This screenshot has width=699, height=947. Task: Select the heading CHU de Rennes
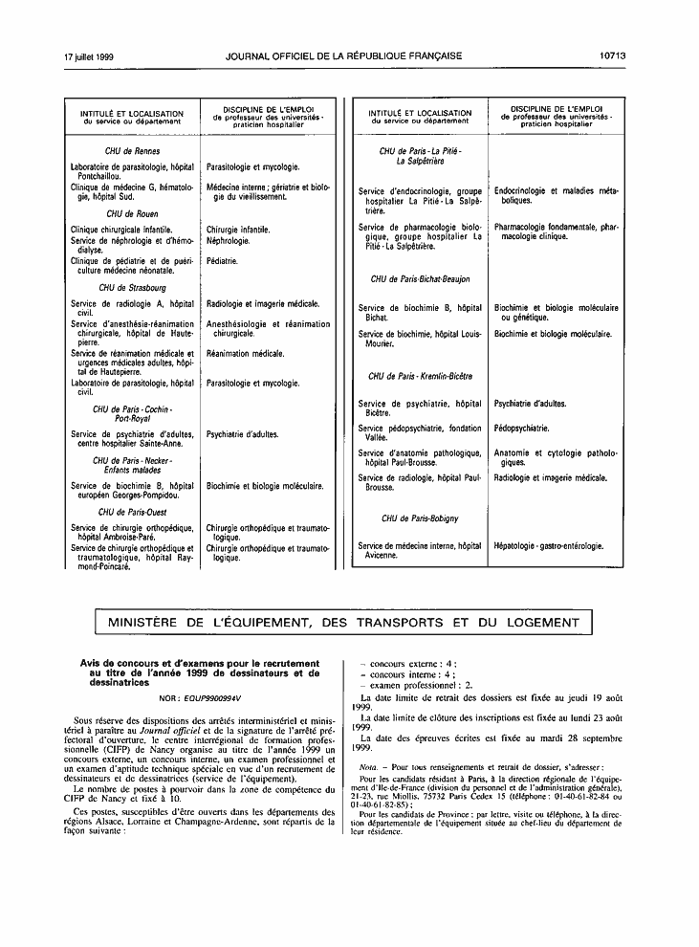(132, 151)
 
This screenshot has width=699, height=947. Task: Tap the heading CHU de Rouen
(132, 213)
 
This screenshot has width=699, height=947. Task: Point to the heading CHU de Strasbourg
(132, 287)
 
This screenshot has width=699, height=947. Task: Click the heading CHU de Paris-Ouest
(132, 512)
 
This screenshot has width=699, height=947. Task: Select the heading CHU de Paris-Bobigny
(420, 518)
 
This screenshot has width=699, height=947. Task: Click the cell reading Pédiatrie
(223, 260)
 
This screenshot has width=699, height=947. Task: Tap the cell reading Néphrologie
(228, 240)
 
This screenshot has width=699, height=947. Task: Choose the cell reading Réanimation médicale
(246, 353)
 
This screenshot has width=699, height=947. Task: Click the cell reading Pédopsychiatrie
(521, 429)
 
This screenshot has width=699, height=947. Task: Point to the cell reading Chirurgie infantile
(238, 230)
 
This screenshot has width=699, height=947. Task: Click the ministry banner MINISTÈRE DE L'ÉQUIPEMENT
(349, 624)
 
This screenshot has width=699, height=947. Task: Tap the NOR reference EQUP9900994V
(200, 697)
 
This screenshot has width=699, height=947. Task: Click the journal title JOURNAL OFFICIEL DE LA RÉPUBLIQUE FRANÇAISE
(344, 56)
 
